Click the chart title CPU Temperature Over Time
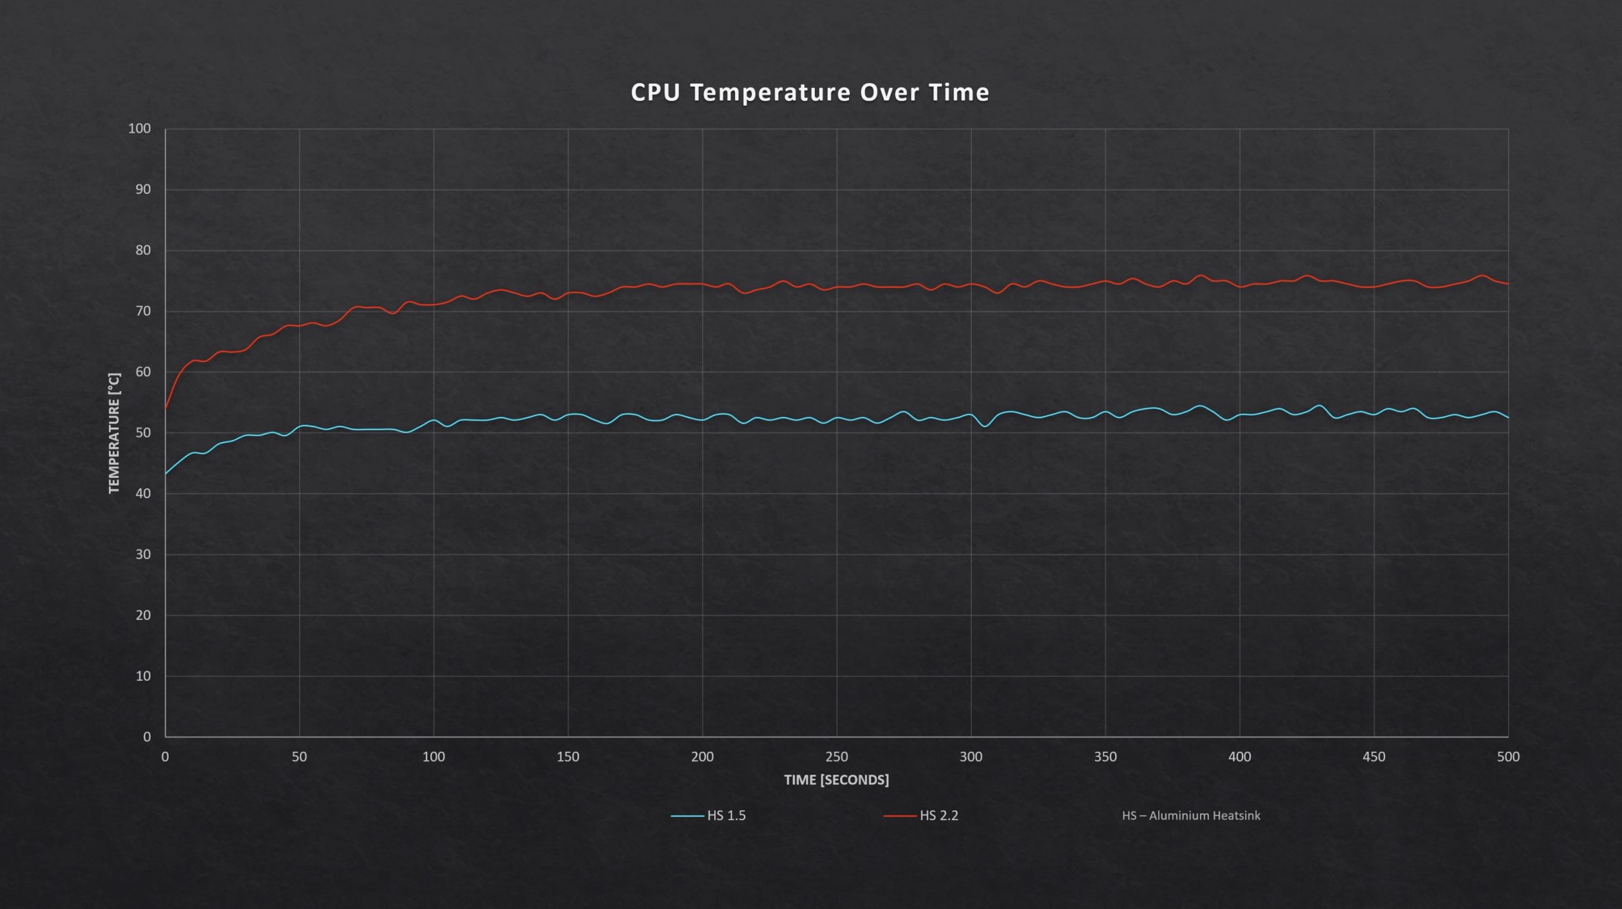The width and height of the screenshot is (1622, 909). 810,93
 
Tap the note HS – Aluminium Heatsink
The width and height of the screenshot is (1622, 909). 1191,816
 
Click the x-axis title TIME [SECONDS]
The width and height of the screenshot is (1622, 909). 836,780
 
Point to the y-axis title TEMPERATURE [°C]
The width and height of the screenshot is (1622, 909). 114,433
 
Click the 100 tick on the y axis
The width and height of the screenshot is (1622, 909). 139,129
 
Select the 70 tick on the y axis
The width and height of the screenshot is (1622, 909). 143,311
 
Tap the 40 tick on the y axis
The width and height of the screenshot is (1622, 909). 143,494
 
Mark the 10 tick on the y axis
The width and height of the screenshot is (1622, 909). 143,676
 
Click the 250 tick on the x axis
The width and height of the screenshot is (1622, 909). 836,757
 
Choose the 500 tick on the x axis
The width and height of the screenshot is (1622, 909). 1508,757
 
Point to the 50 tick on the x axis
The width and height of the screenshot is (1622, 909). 299,757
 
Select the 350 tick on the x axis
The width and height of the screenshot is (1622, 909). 1105,757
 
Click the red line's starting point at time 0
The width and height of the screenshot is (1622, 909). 165,408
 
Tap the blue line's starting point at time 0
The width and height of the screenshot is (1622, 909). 165,474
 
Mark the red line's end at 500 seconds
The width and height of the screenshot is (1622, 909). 1508,284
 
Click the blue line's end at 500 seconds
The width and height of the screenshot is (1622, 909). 1508,417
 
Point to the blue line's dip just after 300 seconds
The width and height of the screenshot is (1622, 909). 985,426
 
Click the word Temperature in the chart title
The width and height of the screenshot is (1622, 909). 770,93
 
